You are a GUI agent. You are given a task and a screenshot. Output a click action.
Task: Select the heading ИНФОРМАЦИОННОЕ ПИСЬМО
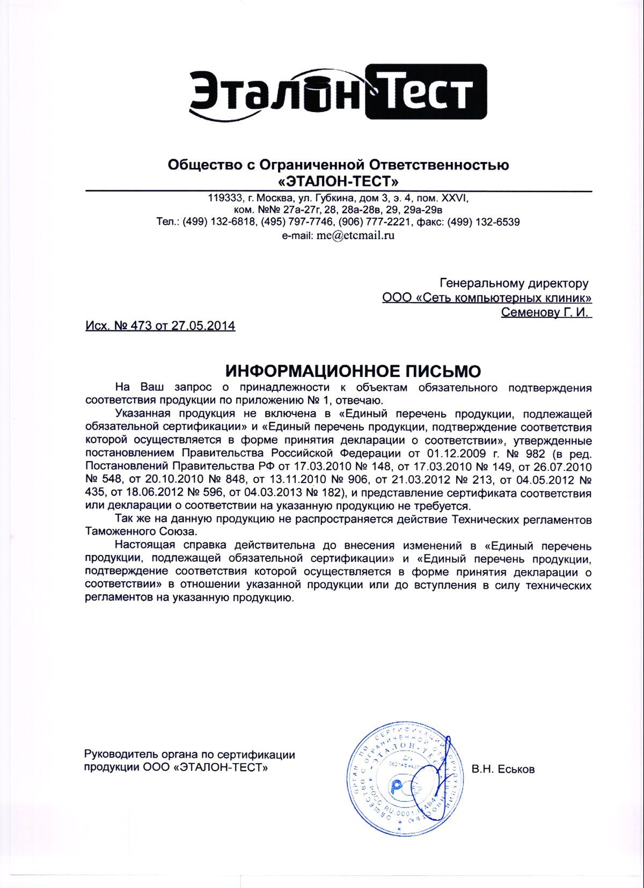(x=353, y=371)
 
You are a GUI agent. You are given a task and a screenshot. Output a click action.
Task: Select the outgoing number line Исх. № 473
(x=160, y=325)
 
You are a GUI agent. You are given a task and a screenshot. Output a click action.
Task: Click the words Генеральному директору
(x=514, y=283)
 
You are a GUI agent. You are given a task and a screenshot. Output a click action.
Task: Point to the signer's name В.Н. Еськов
(x=503, y=769)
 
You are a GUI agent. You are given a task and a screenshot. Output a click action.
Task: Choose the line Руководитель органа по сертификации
(x=190, y=754)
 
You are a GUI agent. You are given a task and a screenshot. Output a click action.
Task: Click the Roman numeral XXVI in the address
(x=456, y=197)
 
